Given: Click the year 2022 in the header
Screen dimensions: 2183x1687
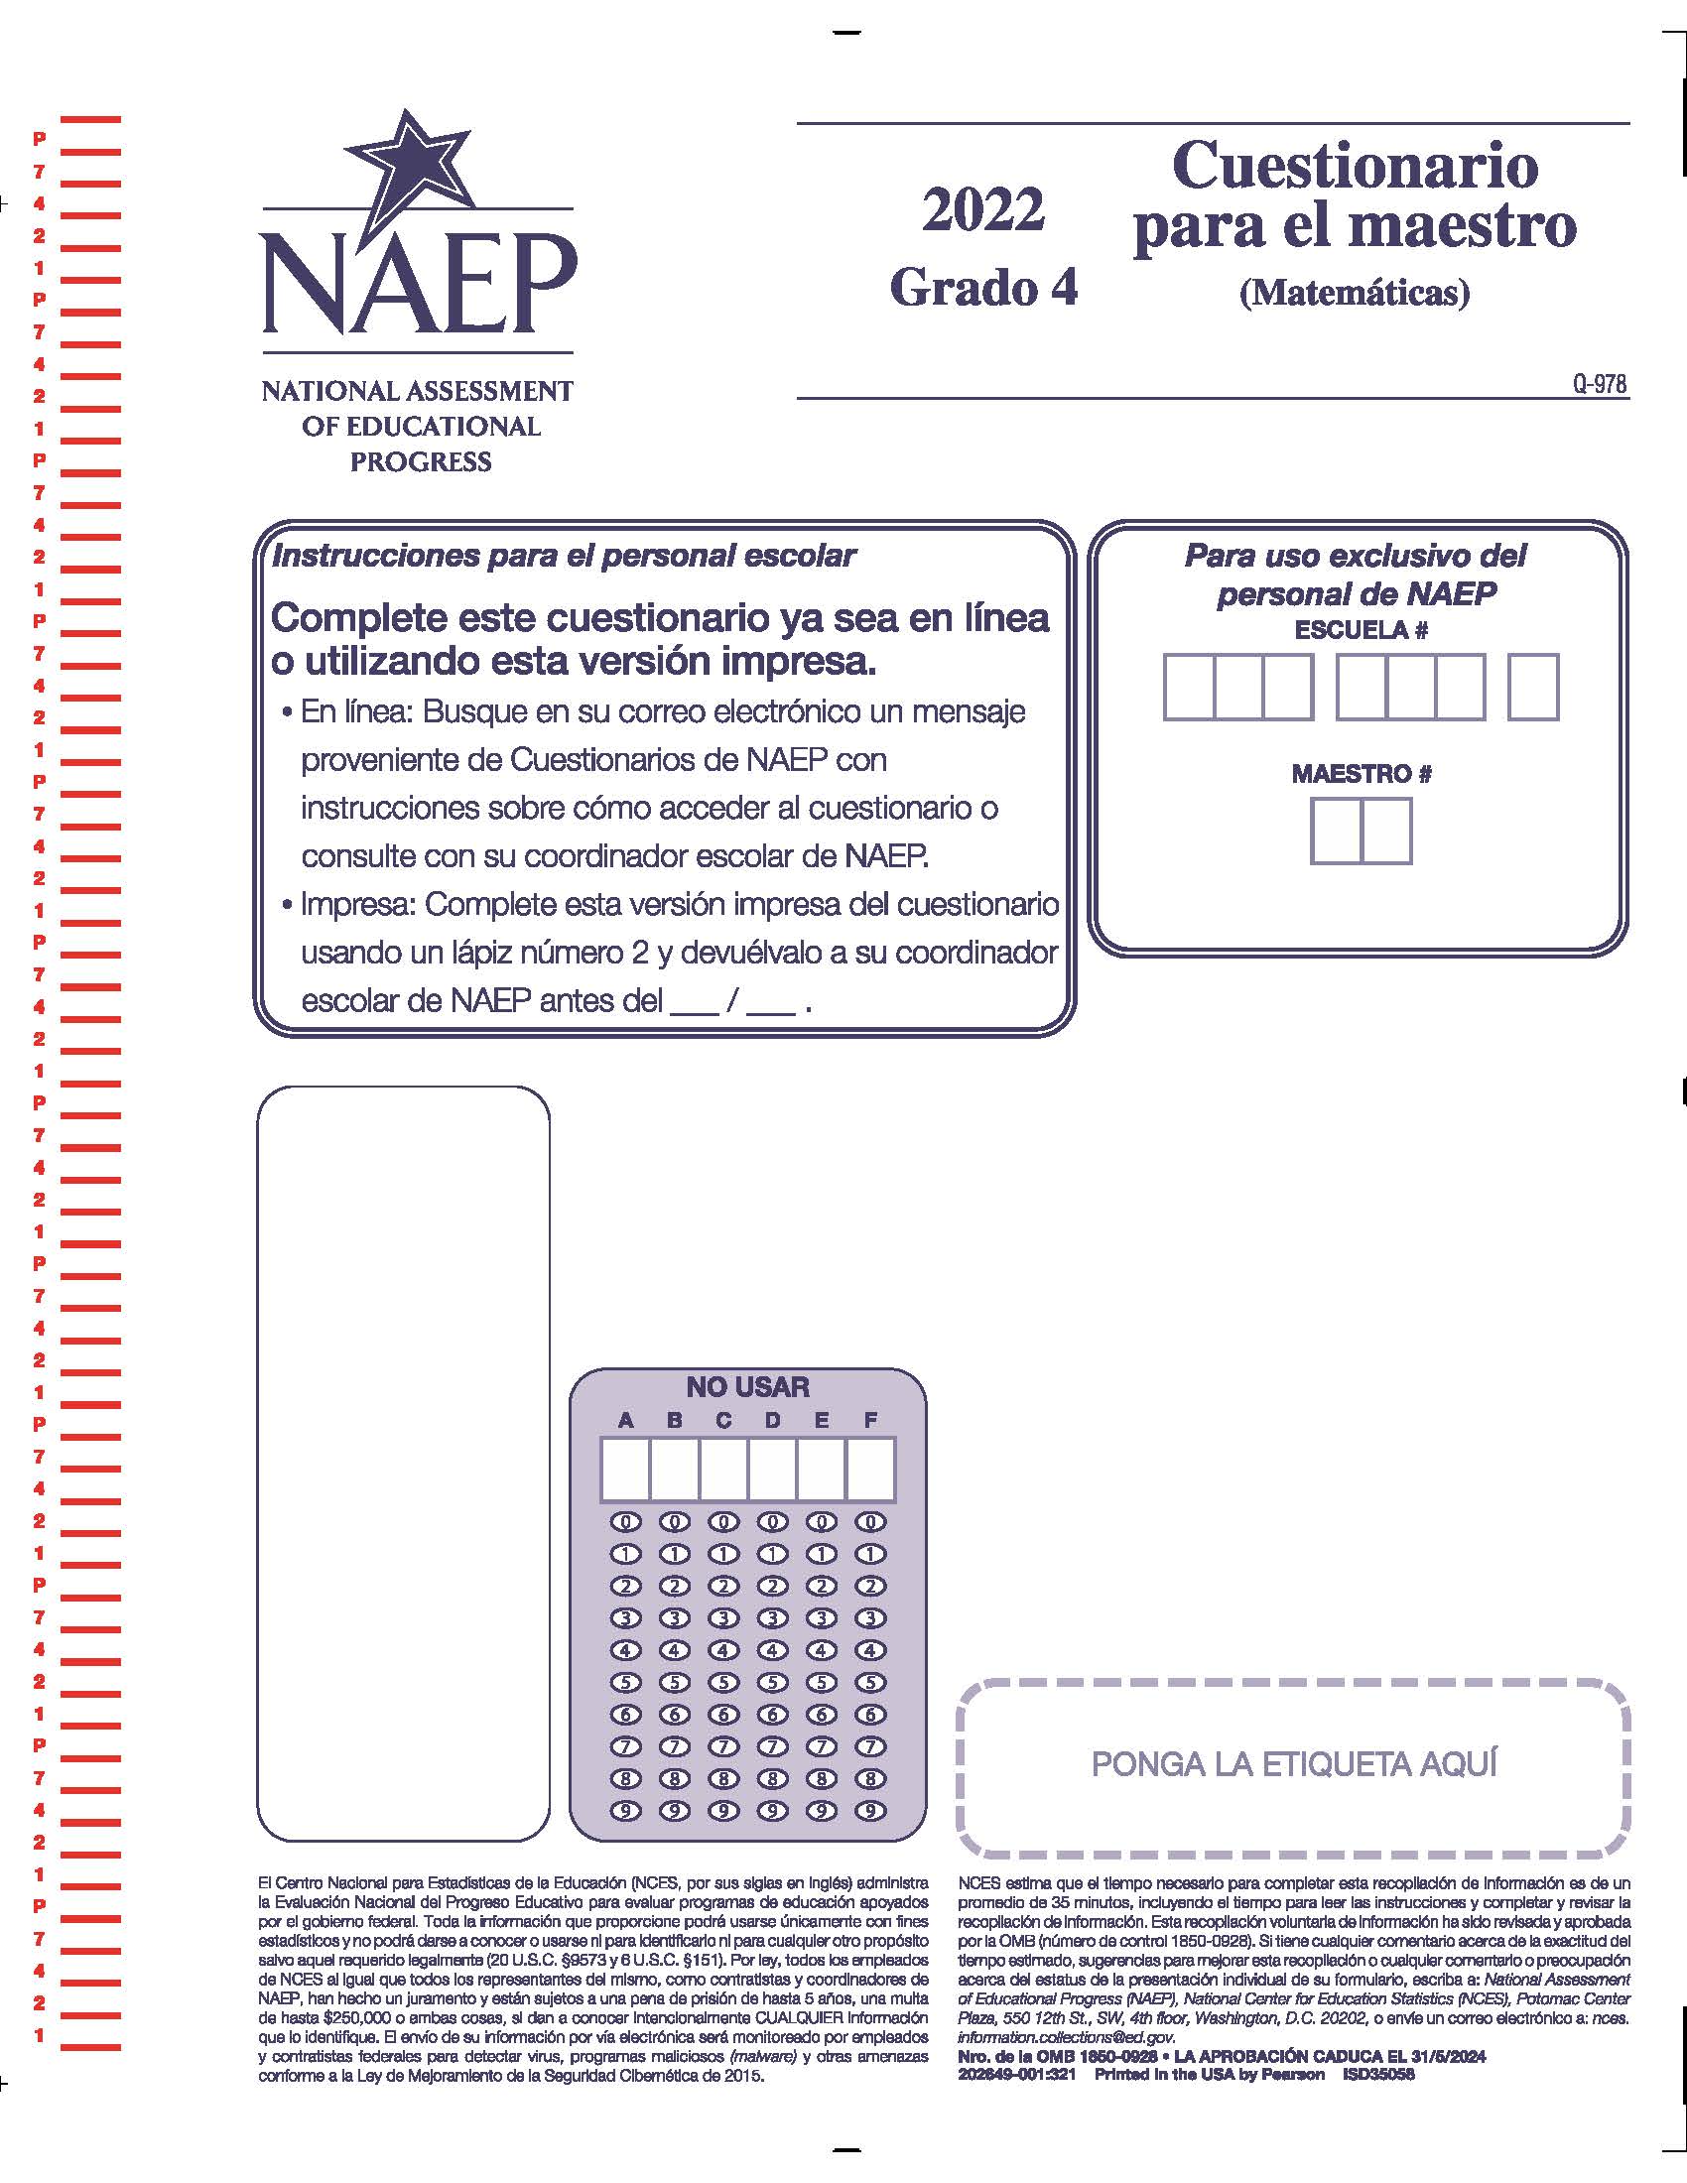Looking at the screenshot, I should pyautogui.click(x=982, y=210).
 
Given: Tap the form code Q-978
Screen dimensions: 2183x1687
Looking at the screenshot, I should pyautogui.click(x=1599, y=384).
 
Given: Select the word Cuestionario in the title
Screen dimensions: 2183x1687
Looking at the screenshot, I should pyautogui.click(x=1355, y=165).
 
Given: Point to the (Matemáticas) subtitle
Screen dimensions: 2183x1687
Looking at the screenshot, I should pyautogui.click(x=1355, y=292).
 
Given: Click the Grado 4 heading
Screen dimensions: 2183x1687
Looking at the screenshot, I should pyautogui.click(x=983, y=288).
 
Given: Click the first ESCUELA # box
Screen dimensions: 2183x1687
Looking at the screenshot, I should pyautogui.click(x=1188, y=687).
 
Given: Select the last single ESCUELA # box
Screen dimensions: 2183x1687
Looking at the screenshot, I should pyautogui.click(x=1532, y=687).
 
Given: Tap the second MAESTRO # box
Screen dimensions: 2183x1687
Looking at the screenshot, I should pyautogui.click(x=1386, y=831).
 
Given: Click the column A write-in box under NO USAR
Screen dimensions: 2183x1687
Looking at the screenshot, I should pyautogui.click(x=625, y=1470).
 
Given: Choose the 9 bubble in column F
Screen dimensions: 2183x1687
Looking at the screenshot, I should pyautogui.click(x=870, y=1811).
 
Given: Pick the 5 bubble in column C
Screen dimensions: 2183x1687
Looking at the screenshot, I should pyautogui.click(x=723, y=1683).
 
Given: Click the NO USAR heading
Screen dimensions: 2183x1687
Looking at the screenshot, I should pyautogui.click(x=747, y=1386).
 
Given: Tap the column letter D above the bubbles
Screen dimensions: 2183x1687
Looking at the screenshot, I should pyautogui.click(x=772, y=1420).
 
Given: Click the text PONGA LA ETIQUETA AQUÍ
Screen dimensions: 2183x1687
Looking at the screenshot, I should pyautogui.click(x=1294, y=1764).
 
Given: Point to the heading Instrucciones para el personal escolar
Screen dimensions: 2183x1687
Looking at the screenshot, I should pyautogui.click(x=564, y=556).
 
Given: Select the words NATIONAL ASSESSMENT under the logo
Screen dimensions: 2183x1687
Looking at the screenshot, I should pyautogui.click(x=418, y=391).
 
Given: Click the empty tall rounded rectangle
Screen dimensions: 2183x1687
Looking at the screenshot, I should pyautogui.click(x=404, y=1464).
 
